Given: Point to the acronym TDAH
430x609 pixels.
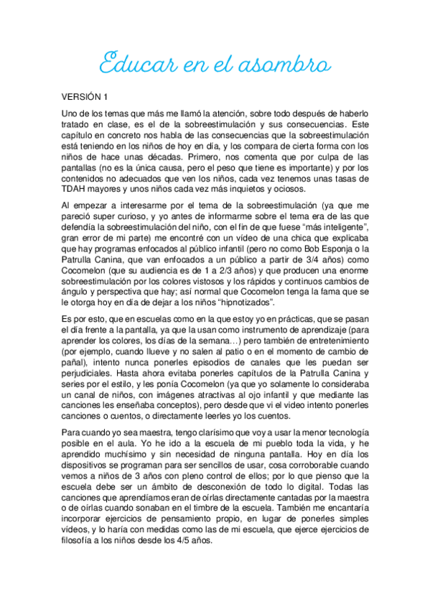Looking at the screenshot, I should [74, 189].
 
